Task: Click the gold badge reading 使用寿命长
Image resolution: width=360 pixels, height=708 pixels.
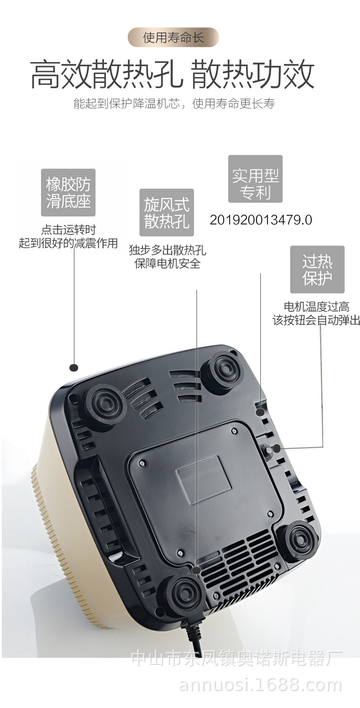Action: coord(173,37)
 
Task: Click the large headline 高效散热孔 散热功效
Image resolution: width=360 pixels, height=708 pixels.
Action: coord(172,74)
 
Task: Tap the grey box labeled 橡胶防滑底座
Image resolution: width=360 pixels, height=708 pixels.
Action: coord(68,192)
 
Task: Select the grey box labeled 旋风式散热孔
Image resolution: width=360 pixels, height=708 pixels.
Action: coord(166,212)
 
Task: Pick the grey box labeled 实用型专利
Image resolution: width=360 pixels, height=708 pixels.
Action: coord(255,179)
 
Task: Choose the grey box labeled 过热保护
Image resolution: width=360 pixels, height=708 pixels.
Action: coord(317,269)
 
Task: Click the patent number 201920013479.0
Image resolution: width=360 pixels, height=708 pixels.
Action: coord(261,220)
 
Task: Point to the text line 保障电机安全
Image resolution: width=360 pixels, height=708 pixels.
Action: coord(167,263)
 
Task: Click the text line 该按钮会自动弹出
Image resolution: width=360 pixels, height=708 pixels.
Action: coord(316,320)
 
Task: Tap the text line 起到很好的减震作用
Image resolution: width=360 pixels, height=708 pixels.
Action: coord(68,243)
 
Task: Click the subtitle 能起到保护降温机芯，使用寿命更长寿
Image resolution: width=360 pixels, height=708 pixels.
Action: coord(174,103)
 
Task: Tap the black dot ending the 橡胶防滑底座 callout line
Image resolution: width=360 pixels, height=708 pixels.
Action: coord(74,367)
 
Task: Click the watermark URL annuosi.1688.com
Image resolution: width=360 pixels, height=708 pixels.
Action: coord(260,685)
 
